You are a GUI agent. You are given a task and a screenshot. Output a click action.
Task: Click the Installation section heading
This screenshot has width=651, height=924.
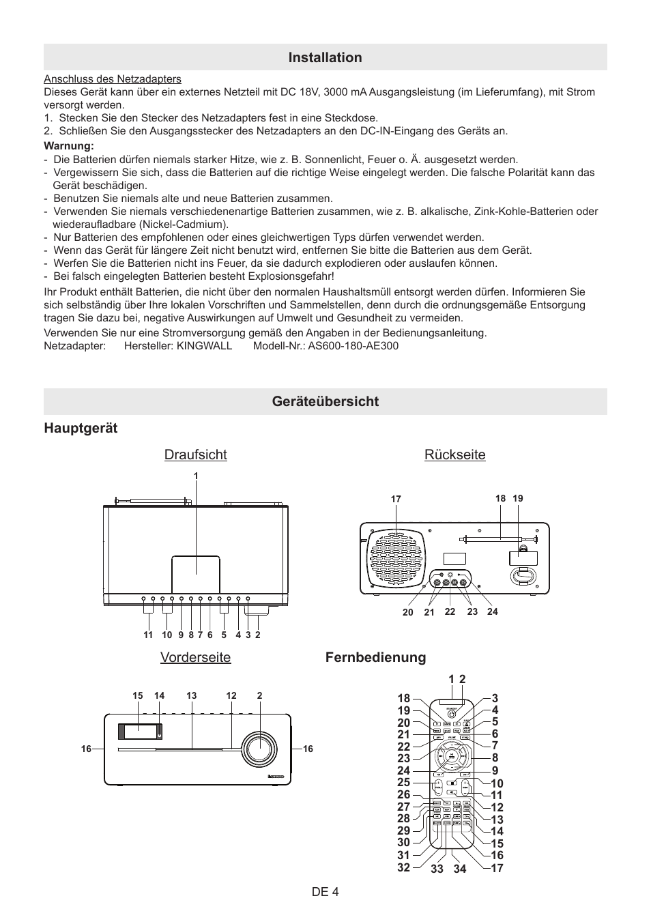[x=325, y=57]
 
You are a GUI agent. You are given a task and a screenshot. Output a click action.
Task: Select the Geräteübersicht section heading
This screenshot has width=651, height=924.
[x=325, y=401]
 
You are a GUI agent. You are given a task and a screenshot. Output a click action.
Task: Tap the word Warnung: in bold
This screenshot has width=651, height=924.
[x=68, y=146]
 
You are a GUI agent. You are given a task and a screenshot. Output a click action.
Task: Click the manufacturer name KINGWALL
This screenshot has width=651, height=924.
[x=204, y=345]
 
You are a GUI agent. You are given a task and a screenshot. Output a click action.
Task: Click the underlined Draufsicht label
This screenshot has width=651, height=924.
[x=195, y=455]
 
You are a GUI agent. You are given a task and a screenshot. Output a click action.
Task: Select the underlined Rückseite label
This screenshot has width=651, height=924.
[x=454, y=455]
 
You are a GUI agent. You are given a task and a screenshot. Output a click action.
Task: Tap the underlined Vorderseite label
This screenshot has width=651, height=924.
[x=195, y=657]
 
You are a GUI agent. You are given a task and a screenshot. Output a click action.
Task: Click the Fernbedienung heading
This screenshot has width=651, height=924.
[x=375, y=657]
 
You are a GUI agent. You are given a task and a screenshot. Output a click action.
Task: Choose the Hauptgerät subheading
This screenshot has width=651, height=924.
[x=81, y=428]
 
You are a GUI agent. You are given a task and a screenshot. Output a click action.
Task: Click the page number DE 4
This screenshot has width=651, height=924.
[x=325, y=891]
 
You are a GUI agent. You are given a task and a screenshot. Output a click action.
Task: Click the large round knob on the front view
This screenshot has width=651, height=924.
[x=259, y=748]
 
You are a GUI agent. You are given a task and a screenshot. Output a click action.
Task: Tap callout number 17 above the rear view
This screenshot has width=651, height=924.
[x=396, y=500]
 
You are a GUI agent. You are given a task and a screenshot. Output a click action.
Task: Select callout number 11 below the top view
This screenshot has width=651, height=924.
[x=148, y=635]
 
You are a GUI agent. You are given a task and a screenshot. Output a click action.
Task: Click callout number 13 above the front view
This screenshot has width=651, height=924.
[x=191, y=696]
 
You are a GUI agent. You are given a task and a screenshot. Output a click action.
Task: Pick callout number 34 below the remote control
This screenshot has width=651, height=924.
[x=459, y=869]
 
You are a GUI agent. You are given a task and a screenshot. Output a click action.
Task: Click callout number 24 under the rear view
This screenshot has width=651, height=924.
[x=493, y=612]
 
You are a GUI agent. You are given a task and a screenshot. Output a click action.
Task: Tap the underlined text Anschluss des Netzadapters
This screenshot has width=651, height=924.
[x=113, y=79]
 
